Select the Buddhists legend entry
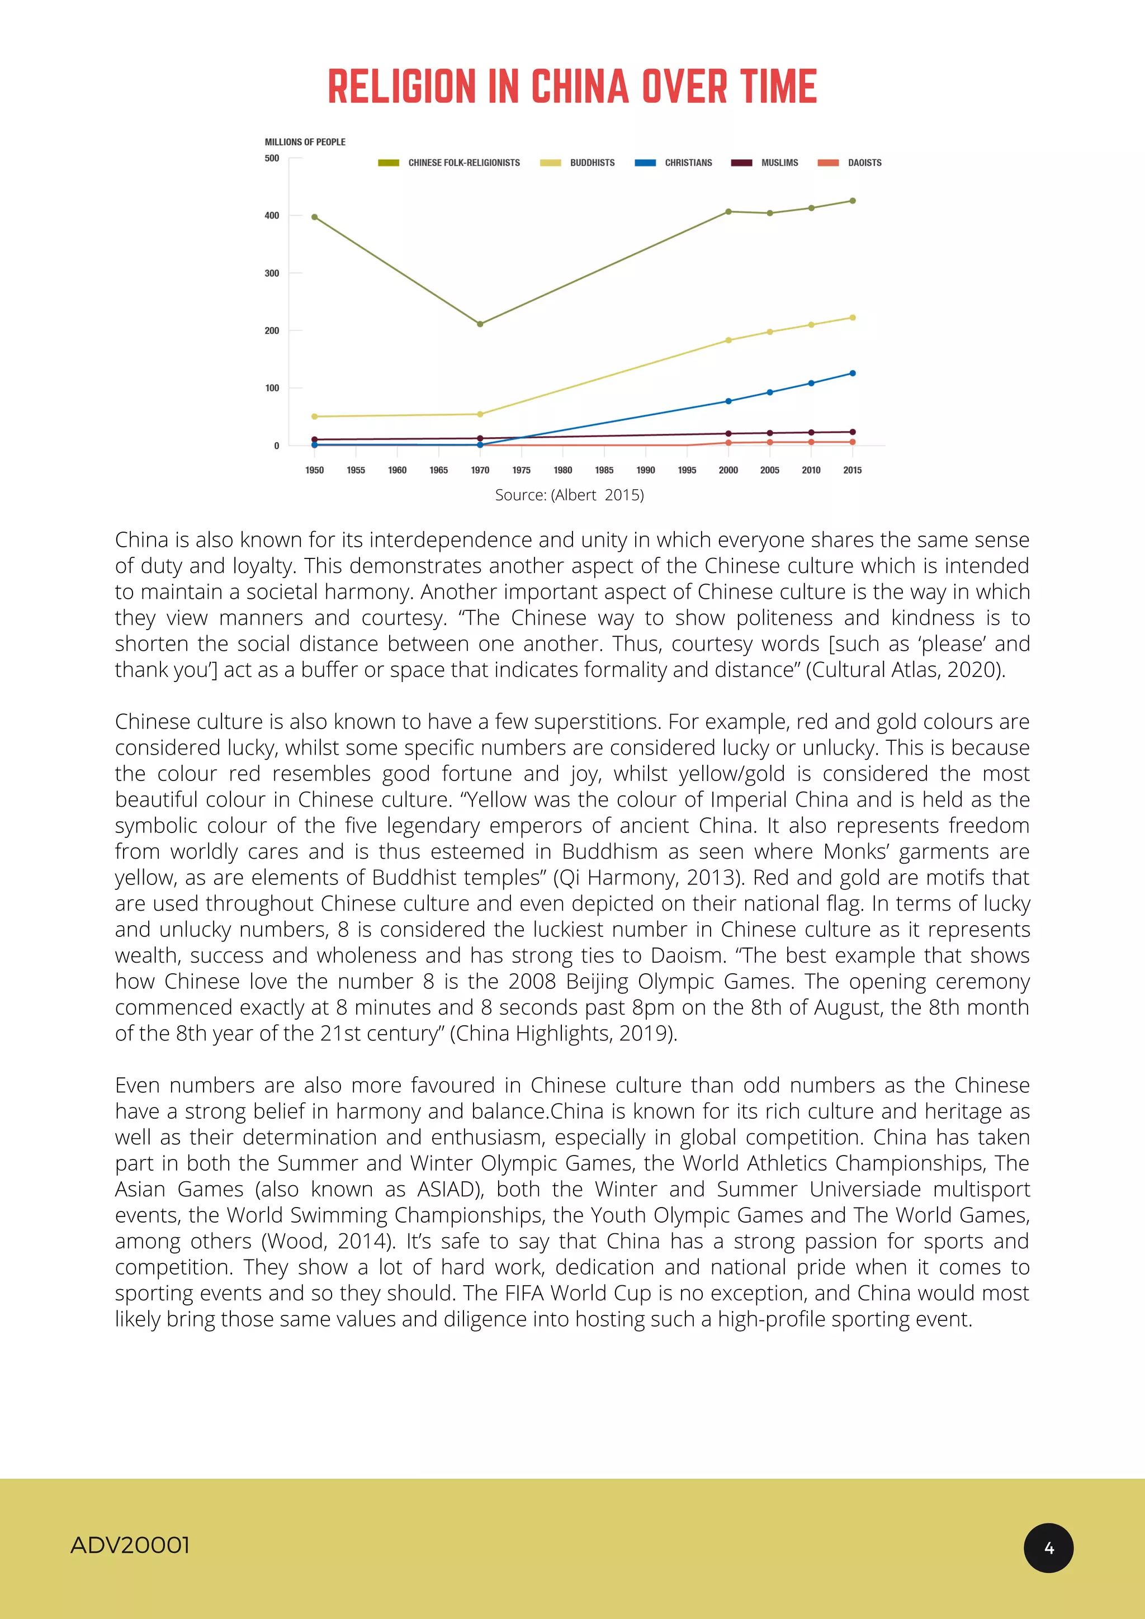pyautogui.click(x=578, y=163)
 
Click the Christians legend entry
pyautogui.click(x=674, y=163)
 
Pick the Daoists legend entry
pyautogui.click(x=850, y=163)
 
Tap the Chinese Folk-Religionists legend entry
pyautogui.click(x=450, y=163)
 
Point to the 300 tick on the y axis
pyautogui.click(x=272, y=273)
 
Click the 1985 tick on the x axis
pyautogui.click(x=604, y=470)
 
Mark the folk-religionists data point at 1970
pyautogui.click(x=480, y=324)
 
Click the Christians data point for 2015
pyautogui.click(x=853, y=373)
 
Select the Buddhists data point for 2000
pyautogui.click(x=728, y=340)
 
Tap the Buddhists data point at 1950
pyautogui.click(x=314, y=416)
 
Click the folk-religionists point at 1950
pyautogui.click(x=314, y=217)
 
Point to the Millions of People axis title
pyautogui.click(x=305, y=143)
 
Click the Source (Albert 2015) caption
pyautogui.click(x=569, y=495)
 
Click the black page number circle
pyautogui.click(x=1048, y=1548)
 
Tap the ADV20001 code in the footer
pyautogui.click(x=130, y=1545)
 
